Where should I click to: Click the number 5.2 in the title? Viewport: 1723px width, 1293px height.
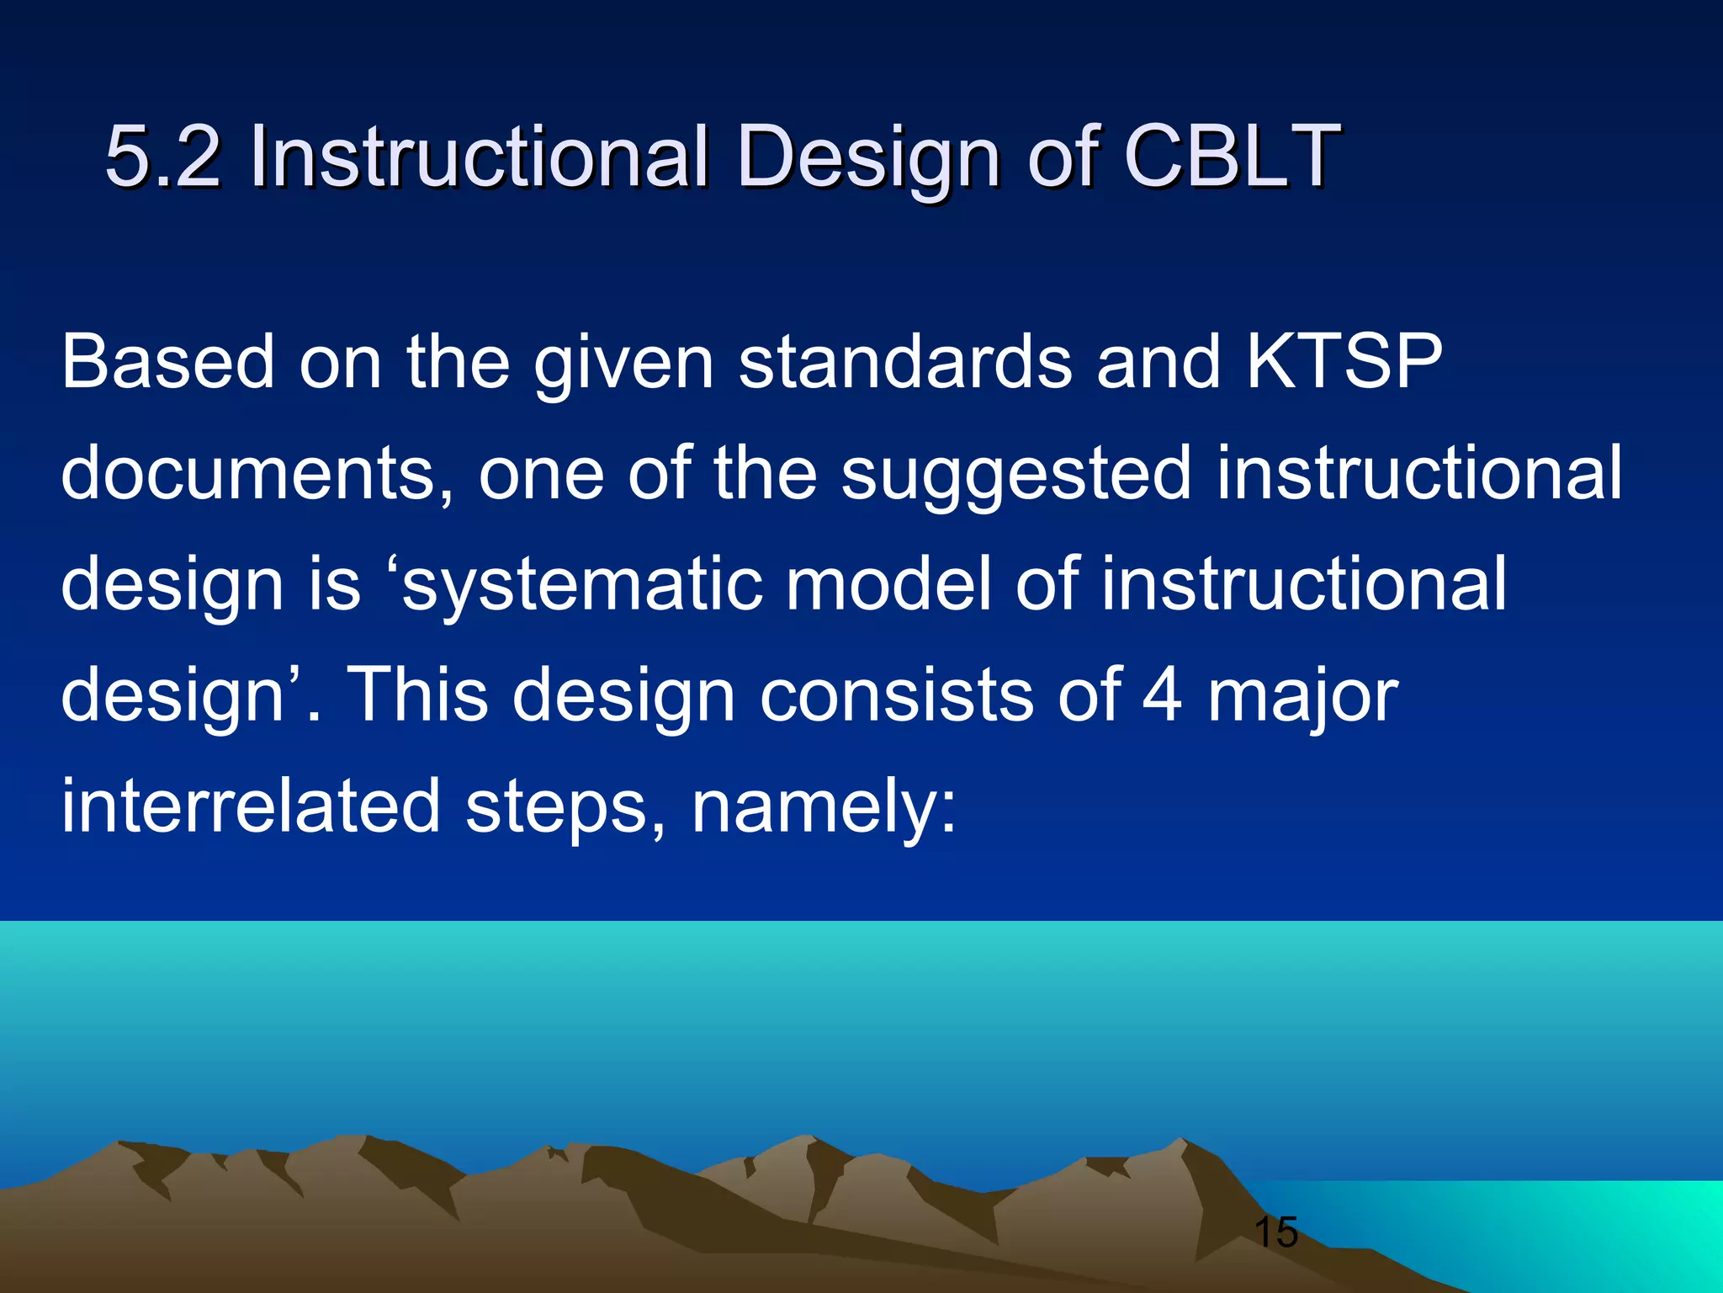pos(163,157)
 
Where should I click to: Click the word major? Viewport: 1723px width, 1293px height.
pos(1302,699)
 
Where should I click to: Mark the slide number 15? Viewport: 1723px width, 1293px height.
pos(1275,1232)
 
